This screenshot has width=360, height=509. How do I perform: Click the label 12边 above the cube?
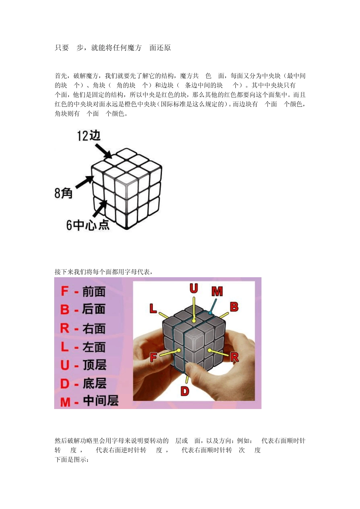[x=89, y=136]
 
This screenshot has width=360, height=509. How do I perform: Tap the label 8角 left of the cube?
[x=63, y=193]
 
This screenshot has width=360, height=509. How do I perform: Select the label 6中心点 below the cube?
[x=88, y=225]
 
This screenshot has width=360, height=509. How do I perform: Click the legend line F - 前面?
[x=83, y=292]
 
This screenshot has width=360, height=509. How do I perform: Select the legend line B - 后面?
[x=83, y=309]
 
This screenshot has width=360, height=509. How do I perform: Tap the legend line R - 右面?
[x=83, y=328]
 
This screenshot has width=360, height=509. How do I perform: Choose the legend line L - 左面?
[x=83, y=347]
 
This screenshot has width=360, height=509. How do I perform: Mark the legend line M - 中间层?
[x=89, y=401]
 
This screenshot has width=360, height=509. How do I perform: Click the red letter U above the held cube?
[x=194, y=289]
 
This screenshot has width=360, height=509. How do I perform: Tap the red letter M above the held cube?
[x=217, y=291]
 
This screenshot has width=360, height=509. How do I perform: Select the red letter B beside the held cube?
[x=234, y=307]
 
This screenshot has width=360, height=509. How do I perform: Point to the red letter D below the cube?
[x=185, y=391]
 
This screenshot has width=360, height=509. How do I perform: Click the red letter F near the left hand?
[x=153, y=357]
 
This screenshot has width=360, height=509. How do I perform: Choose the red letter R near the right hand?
[x=235, y=356]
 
